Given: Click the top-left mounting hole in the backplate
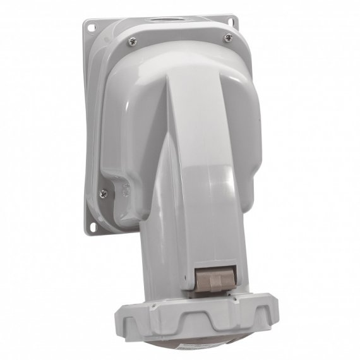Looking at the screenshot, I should click(91, 28).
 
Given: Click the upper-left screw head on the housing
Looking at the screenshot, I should click(131, 41).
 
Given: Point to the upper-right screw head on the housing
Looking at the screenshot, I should click(227, 38).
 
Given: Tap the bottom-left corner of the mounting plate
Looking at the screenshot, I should click(87, 232).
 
